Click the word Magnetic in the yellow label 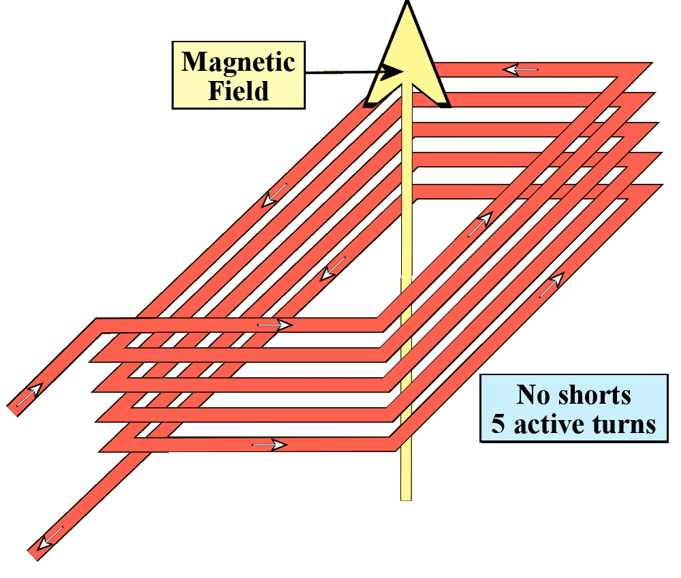pyautogui.click(x=238, y=63)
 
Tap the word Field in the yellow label pyautogui.click(x=238, y=91)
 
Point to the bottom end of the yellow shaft pyautogui.click(x=406, y=497)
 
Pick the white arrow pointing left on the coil pyautogui.click(x=521, y=69)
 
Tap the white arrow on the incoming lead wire pyautogui.click(x=29, y=395)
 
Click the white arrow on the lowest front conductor pyautogui.click(x=268, y=445)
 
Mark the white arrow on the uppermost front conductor pyautogui.click(x=275, y=325)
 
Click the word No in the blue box pyautogui.click(x=531, y=396)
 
